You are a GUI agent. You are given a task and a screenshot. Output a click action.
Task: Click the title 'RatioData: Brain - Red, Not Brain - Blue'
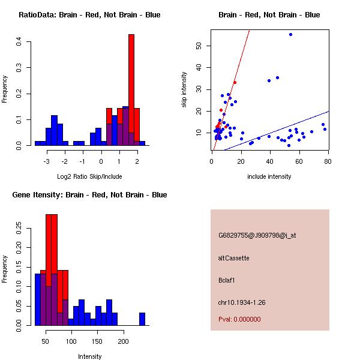pos(89,15)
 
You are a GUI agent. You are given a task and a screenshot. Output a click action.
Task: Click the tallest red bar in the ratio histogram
pos(131,90)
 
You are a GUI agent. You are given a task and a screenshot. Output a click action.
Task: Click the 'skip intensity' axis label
pos(184,90)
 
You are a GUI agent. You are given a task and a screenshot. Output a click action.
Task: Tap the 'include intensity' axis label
pos(270,176)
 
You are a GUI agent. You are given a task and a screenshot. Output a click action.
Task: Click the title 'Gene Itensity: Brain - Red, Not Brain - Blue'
pos(89,195)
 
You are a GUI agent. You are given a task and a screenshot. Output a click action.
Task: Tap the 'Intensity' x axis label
pos(90,356)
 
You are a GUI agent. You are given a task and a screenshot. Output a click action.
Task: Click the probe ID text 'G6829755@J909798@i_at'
pos(257,235)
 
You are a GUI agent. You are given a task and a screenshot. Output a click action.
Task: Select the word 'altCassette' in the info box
pos(234,258)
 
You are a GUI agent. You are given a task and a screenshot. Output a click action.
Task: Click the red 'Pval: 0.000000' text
pos(239,319)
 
